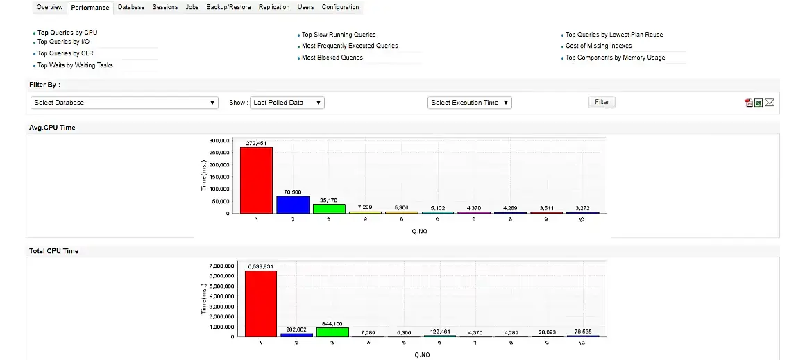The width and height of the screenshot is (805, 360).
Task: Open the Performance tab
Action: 90,8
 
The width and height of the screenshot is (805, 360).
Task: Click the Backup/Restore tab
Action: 228,7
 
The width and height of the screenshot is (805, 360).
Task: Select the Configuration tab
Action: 340,7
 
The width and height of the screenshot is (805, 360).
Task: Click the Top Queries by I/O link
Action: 63,42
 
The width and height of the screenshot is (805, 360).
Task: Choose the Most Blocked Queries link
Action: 332,58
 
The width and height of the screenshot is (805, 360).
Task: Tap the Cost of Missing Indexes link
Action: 598,46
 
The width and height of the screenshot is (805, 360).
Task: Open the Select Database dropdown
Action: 125,103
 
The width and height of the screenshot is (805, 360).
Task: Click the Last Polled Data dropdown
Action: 287,103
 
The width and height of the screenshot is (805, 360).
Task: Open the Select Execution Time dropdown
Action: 470,103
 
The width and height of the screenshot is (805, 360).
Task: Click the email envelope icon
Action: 770,103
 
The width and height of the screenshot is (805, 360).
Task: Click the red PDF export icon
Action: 749,103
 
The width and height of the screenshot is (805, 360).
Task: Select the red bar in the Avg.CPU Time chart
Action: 256,180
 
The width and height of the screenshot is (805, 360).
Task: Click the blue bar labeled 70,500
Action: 293,204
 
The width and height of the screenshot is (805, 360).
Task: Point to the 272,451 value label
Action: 256,143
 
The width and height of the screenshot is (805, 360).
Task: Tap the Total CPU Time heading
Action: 53,251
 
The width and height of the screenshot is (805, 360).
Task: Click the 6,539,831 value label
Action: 260,266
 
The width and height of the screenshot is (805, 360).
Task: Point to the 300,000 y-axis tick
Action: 219,140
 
